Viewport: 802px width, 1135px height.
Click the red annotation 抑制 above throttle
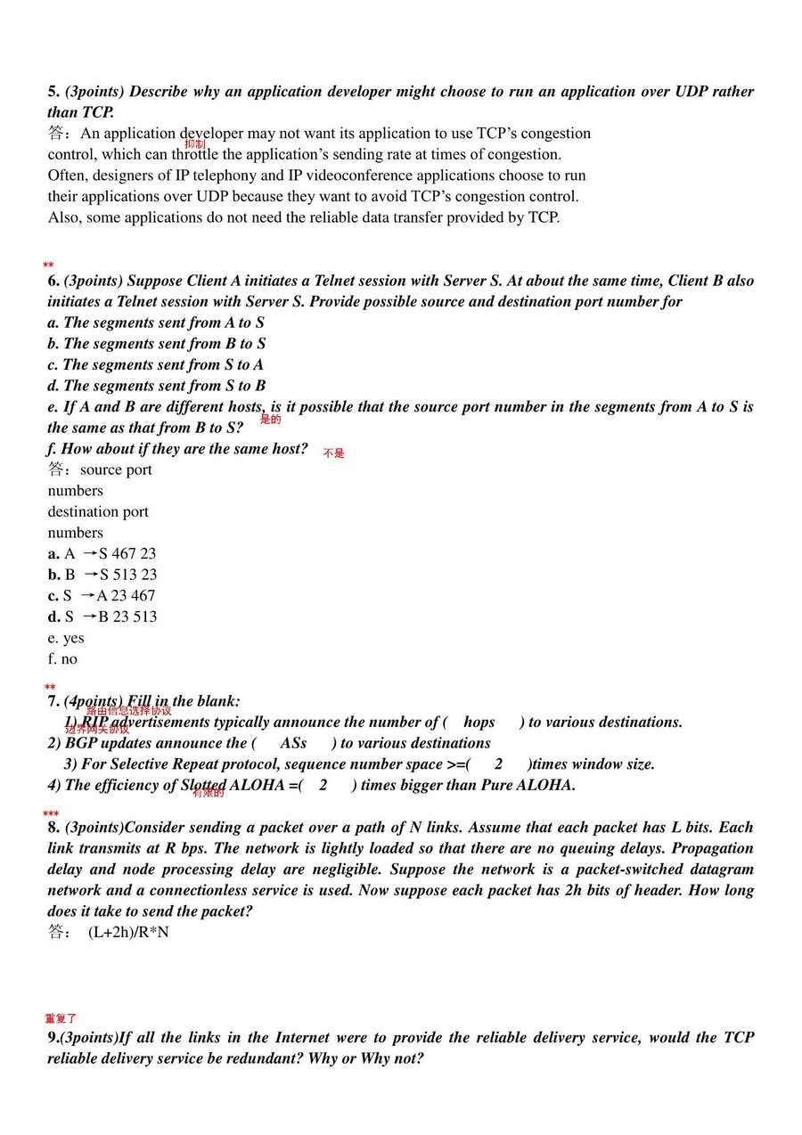click(195, 143)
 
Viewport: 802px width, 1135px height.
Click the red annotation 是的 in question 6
click(270, 419)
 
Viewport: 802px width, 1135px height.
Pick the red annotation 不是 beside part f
click(333, 453)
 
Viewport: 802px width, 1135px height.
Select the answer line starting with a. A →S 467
click(102, 553)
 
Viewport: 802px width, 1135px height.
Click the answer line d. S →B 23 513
click(102, 616)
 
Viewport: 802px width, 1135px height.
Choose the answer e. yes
click(66, 638)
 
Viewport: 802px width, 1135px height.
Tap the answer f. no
click(62, 659)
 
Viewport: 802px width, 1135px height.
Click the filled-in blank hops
click(479, 723)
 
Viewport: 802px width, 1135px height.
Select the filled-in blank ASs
click(293, 743)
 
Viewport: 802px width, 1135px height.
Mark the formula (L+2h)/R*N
click(128, 933)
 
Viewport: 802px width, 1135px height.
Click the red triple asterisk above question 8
click(51, 814)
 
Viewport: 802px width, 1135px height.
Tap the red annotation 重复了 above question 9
click(61, 1018)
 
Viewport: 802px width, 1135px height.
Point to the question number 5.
click(53, 92)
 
